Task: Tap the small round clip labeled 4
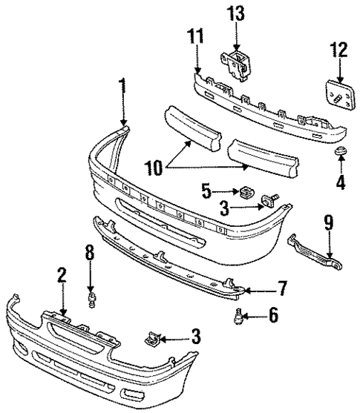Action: pos(340,153)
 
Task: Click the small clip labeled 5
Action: pos(244,193)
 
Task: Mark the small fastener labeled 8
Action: pos(91,299)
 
